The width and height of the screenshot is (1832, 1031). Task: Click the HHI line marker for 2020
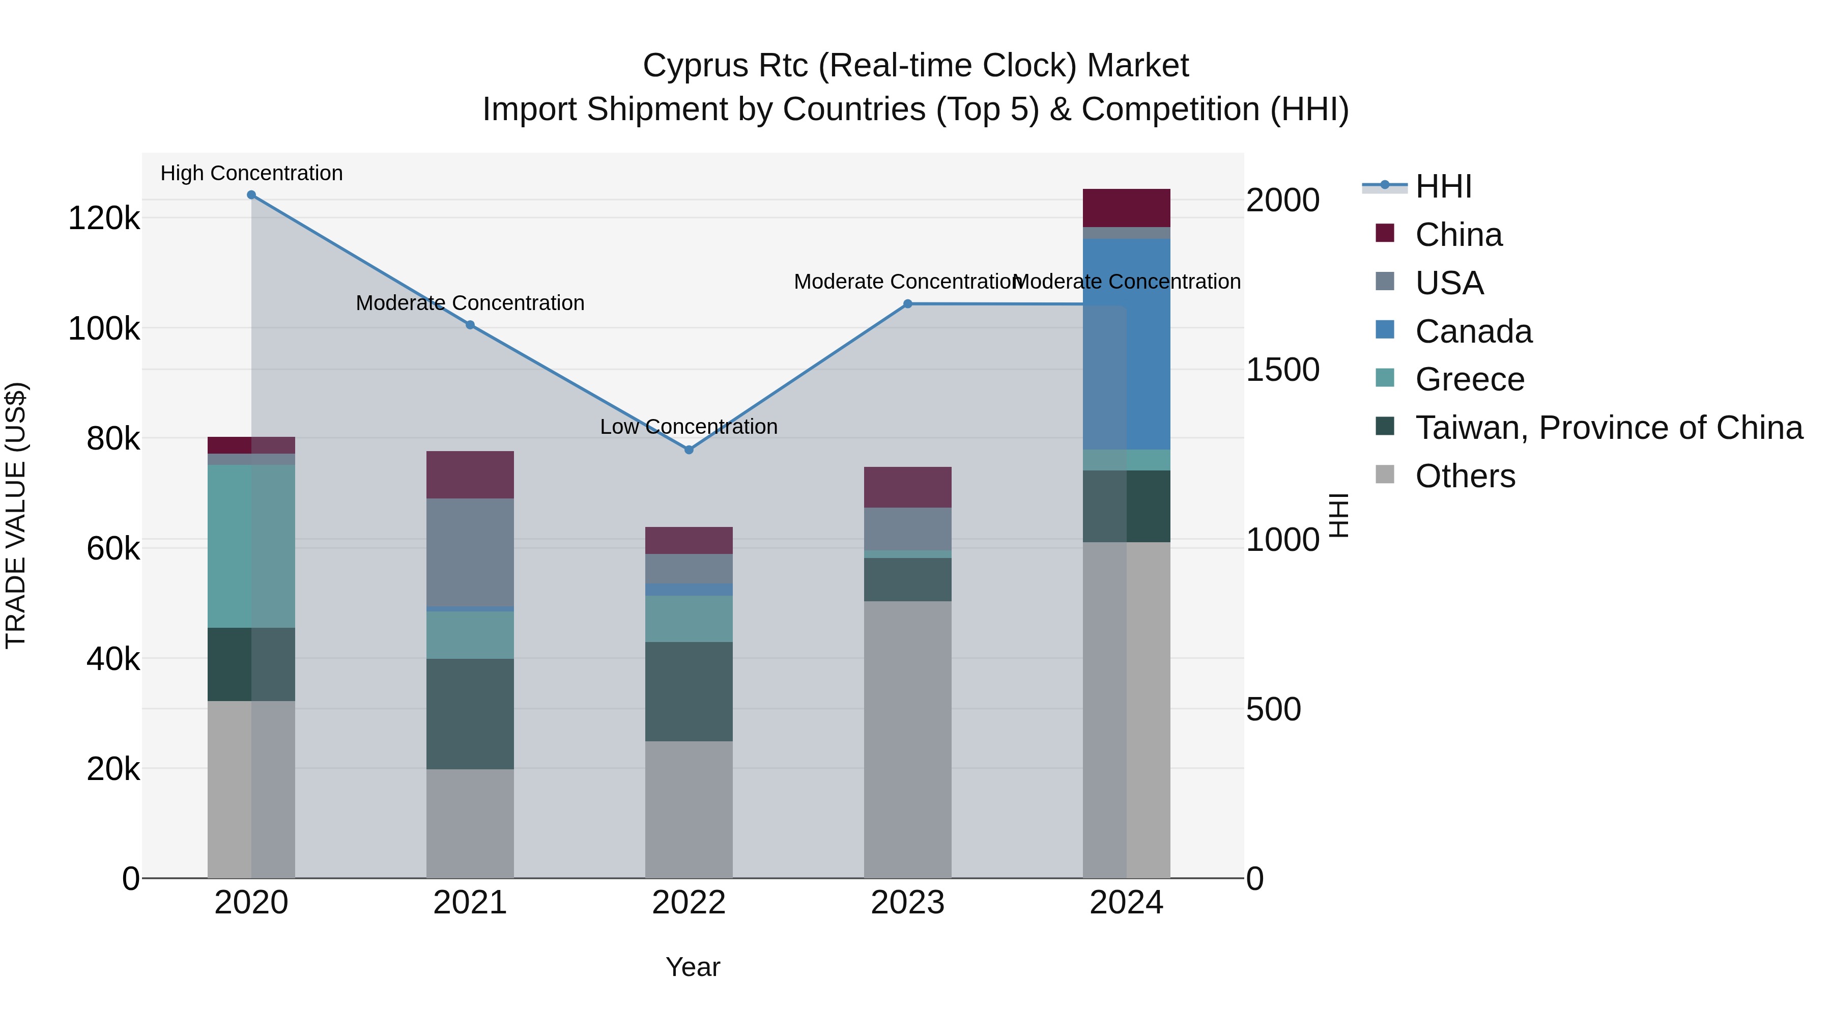251,195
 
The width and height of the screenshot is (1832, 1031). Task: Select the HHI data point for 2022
689,450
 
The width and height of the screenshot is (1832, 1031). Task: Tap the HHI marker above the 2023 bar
907,304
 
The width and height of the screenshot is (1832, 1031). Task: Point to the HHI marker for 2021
470,325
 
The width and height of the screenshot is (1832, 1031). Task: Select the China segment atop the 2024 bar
1127,208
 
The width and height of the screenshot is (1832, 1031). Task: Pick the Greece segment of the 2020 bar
251,546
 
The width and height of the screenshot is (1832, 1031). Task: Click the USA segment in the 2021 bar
470,551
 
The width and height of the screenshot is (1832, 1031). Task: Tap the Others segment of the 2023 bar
907,739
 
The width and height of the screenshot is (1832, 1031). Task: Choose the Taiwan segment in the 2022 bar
689,691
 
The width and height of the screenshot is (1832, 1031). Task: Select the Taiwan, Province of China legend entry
1609,428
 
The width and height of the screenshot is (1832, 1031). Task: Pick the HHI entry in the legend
1443,186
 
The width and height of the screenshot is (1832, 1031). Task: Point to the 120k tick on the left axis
104,218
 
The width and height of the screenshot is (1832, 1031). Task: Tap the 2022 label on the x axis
689,903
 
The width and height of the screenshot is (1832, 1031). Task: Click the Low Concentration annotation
689,427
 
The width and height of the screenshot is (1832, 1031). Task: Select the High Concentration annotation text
251,173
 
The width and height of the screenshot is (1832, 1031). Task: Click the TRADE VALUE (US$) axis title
16,515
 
